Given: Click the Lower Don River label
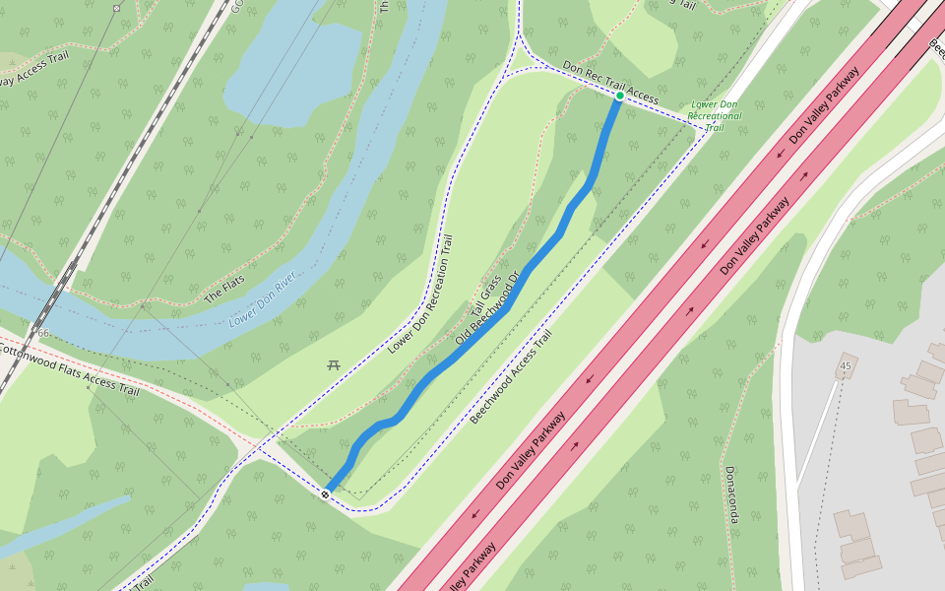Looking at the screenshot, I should point(263,300).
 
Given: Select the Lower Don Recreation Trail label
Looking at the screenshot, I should point(420,295).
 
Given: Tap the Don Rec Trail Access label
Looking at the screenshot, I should point(609,82).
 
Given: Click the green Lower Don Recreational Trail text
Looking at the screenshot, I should point(715,115).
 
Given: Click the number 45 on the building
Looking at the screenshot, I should point(846,366).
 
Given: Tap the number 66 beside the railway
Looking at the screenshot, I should point(43,333).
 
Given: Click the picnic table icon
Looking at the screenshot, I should point(334,365).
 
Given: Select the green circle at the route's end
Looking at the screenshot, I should point(619,97).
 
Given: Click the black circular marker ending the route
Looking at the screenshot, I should point(325,493).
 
